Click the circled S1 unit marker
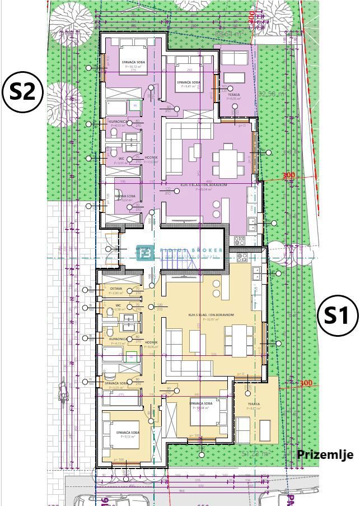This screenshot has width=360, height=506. coord(337,315)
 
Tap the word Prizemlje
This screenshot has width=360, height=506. coord(325,454)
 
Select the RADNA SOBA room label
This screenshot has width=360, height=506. coord(123,197)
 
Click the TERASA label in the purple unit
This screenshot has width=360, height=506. coord(233,95)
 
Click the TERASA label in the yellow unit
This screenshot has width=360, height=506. coord(254,404)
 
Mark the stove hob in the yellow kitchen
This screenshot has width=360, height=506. coord(242,258)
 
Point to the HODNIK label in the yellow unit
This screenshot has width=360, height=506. coord(151,342)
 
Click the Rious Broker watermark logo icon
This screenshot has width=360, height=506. coord(144,252)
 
